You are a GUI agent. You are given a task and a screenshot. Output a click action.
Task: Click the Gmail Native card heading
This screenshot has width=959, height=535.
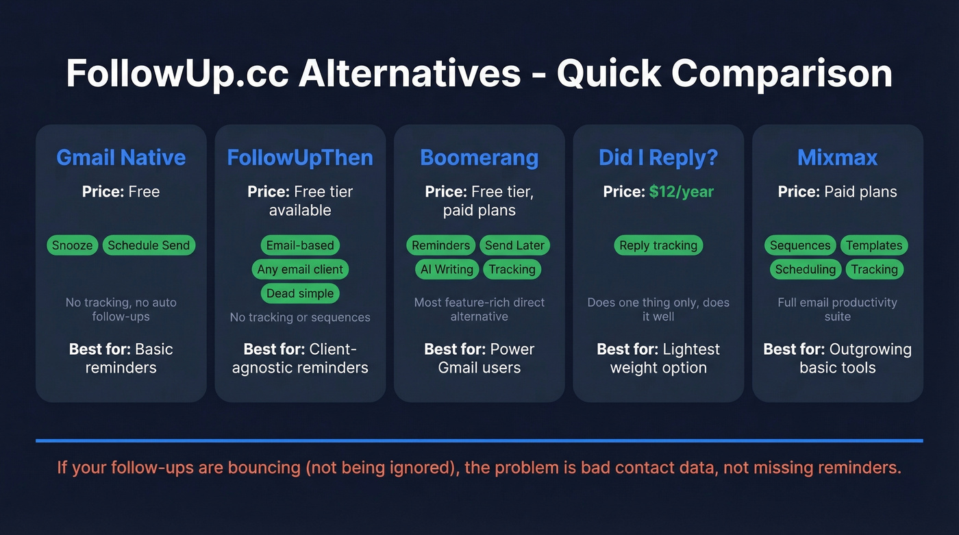121,158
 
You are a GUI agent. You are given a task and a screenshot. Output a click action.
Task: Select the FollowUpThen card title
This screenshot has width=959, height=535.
300,158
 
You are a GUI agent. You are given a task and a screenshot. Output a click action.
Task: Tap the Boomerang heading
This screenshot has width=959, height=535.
479,158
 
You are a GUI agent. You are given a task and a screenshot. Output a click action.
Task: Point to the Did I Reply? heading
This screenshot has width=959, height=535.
658,158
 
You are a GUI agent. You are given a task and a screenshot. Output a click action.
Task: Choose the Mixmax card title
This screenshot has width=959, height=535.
837,158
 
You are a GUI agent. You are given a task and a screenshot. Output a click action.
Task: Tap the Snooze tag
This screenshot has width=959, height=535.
72,245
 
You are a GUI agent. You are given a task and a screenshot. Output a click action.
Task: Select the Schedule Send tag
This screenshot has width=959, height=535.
149,245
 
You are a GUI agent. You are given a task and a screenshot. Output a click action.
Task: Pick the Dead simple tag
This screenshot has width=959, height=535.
300,293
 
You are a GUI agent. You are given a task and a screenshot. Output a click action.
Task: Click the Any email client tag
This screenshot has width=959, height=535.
300,269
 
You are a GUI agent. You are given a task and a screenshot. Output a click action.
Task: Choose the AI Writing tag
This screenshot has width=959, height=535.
446,269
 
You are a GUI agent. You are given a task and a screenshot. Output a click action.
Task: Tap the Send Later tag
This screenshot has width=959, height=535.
514,245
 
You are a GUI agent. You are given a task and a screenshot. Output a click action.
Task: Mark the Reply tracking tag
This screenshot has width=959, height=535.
658,245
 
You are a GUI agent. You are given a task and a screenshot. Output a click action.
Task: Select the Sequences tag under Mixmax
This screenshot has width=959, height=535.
800,245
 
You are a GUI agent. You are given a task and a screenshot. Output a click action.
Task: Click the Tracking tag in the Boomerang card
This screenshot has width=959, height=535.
512,269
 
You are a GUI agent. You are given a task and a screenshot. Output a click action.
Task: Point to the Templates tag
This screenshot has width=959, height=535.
874,245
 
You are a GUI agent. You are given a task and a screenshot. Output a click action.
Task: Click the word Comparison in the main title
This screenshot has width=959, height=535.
782,74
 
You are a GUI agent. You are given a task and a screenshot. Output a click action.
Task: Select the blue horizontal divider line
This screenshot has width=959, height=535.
479,440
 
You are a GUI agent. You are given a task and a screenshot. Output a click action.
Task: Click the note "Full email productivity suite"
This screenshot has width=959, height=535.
837,309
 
